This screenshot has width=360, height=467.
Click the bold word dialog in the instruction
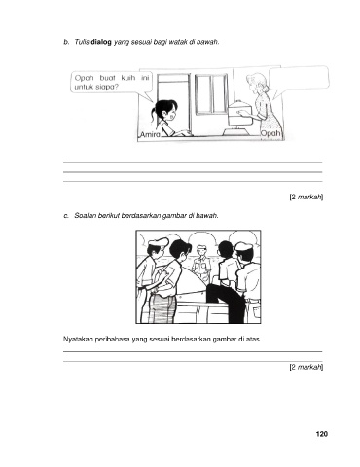(101, 42)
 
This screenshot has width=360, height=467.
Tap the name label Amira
(150, 135)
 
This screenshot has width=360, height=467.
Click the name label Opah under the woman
(270, 133)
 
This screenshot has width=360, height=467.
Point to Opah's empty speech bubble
(298, 79)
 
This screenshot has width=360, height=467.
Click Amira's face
(170, 114)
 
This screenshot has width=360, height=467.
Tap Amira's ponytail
(153, 115)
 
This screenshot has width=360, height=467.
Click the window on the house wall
(211, 94)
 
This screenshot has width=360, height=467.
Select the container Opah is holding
(240, 115)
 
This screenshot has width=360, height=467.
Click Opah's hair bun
(266, 88)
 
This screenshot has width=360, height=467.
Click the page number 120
(321, 434)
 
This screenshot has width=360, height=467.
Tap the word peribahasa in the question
(111, 340)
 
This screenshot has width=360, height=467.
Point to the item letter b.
(66, 42)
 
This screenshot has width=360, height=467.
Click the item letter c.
(66, 216)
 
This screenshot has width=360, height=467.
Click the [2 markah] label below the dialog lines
(306, 197)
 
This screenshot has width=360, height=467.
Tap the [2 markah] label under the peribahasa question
(306, 367)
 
